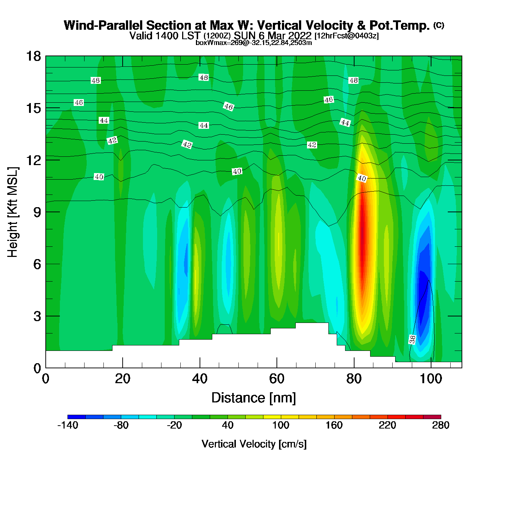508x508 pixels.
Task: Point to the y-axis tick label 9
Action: (x=37, y=212)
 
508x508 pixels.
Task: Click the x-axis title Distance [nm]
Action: (x=254, y=398)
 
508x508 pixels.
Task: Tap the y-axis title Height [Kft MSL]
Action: (x=13, y=212)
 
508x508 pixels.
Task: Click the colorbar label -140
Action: (x=68, y=425)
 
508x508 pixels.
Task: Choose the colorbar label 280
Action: (x=441, y=425)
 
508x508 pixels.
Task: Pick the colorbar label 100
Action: (x=281, y=425)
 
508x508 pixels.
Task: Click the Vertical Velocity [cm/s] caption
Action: (x=254, y=444)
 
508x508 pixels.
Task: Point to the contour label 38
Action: (x=413, y=340)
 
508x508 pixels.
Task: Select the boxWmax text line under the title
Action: (x=254, y=43)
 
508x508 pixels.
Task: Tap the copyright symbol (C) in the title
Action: (x=439, y=25)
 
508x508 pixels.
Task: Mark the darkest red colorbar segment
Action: (x=432, y=417)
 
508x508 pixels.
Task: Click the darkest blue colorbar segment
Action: (x=77, y=417)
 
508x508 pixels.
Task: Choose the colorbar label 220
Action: (x=387, y=425)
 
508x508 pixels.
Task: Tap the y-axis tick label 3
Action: (x=37, y=316)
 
